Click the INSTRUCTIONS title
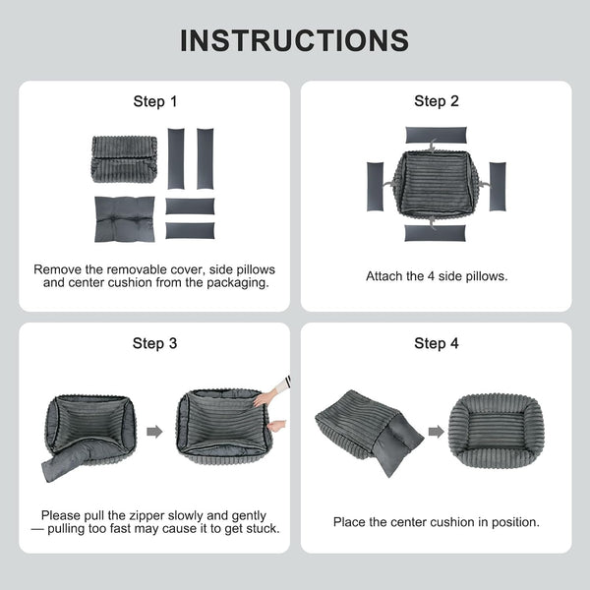[295, 40]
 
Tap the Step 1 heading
[155, 101]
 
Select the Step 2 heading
[437, 101]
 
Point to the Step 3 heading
[154, 343]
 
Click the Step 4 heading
[437, 343]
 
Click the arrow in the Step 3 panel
[154, 432]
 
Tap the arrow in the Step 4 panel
[436, 432]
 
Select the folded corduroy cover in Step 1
[124, 159]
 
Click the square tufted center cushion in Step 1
[125, 219]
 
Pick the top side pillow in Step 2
[436, 135]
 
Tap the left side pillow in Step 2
[376, 187]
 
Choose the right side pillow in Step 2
[498, 187]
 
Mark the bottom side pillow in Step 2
[435, 233]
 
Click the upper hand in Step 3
[267, 396]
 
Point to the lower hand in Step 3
[276, 426]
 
